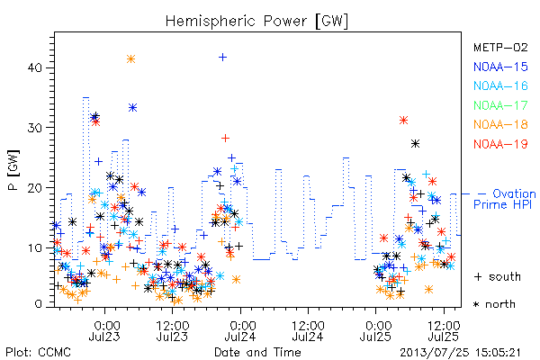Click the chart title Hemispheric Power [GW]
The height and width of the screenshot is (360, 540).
coord(256,22)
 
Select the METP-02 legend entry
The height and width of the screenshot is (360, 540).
coord(500,47)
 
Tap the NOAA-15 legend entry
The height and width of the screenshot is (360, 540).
coord(500,67)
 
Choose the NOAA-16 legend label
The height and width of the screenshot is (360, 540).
coord(500,85)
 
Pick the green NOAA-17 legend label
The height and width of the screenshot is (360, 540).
coord(500,105)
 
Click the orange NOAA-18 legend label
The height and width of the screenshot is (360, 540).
coord(500,124)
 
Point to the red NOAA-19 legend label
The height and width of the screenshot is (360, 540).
coord(500,144)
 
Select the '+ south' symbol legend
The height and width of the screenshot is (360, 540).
coord(498,276)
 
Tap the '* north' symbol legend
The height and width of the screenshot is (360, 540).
coord(494,304)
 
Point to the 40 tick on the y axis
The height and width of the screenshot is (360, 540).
coord(34,67)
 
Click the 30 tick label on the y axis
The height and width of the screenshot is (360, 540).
coord(34,128)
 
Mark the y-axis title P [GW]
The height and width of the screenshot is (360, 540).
coord(13,170)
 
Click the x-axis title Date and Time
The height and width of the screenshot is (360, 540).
coord(257,353)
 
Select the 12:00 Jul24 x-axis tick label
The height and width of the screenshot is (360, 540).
coord(308,331)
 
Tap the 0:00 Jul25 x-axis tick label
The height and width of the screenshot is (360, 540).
coord(375,331)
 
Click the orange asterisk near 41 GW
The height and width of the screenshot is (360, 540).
coord(130,58)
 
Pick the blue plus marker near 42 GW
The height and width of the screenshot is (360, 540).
coord(223,57)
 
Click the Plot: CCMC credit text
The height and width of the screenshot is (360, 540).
coord(39,353)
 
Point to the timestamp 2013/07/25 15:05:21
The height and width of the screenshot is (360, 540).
coord(460,353)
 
